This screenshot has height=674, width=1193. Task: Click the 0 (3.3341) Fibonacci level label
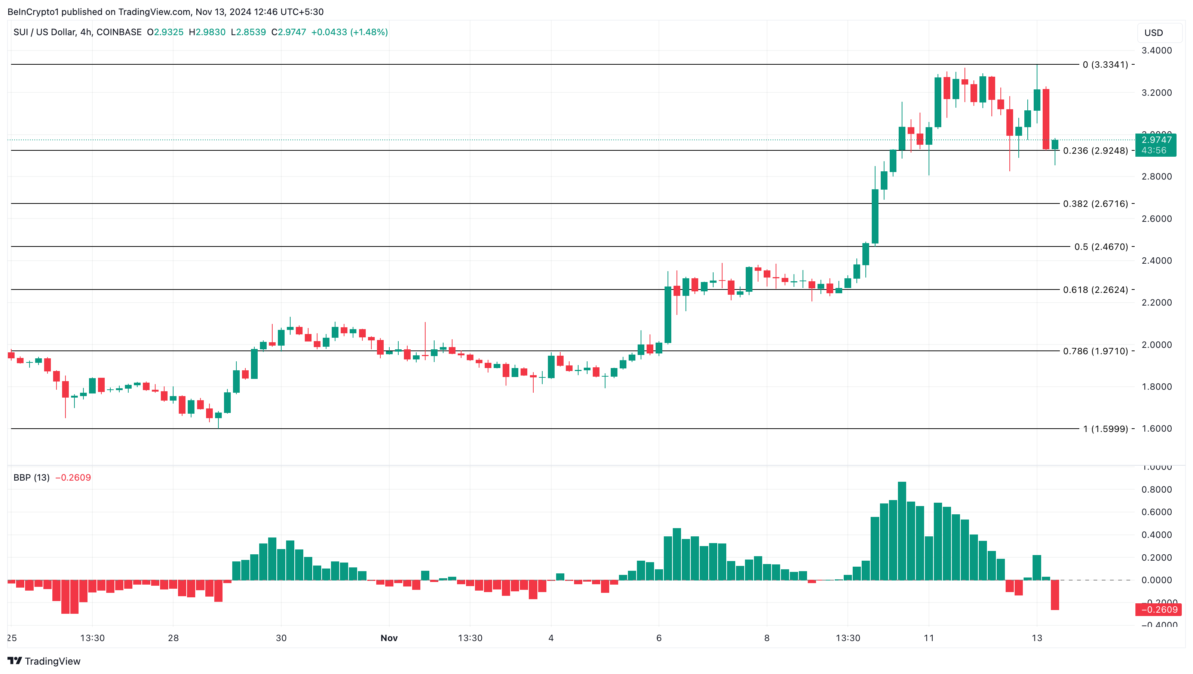pos(1105,64)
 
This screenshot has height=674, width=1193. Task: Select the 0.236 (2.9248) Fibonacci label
pos(1095,151)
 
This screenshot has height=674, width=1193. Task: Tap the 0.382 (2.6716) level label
pos(1095,204)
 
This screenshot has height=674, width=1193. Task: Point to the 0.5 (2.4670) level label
pos(1101,247)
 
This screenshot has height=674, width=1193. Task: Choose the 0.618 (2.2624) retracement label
pos(1095,290)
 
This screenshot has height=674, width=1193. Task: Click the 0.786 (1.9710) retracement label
pos(1095,351)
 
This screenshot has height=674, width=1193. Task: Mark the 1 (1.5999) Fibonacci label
pos(1105,429)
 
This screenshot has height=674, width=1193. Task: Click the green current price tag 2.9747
pos(1156,140)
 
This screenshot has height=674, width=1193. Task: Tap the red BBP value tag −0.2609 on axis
pos(1156,610)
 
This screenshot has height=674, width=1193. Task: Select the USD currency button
pos(1154,33)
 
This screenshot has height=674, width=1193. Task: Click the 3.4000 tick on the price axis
pos(1156,50)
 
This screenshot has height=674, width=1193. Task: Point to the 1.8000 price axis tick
pos(1156,387)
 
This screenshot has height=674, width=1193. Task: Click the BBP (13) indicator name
pos(31,478)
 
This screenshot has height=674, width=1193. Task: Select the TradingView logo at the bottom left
pos(44,661)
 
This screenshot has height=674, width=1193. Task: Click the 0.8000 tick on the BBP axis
pos(1156,490)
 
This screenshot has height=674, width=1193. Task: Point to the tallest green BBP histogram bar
pos(902,531)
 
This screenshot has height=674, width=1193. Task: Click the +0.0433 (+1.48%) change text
pos(349,32)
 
